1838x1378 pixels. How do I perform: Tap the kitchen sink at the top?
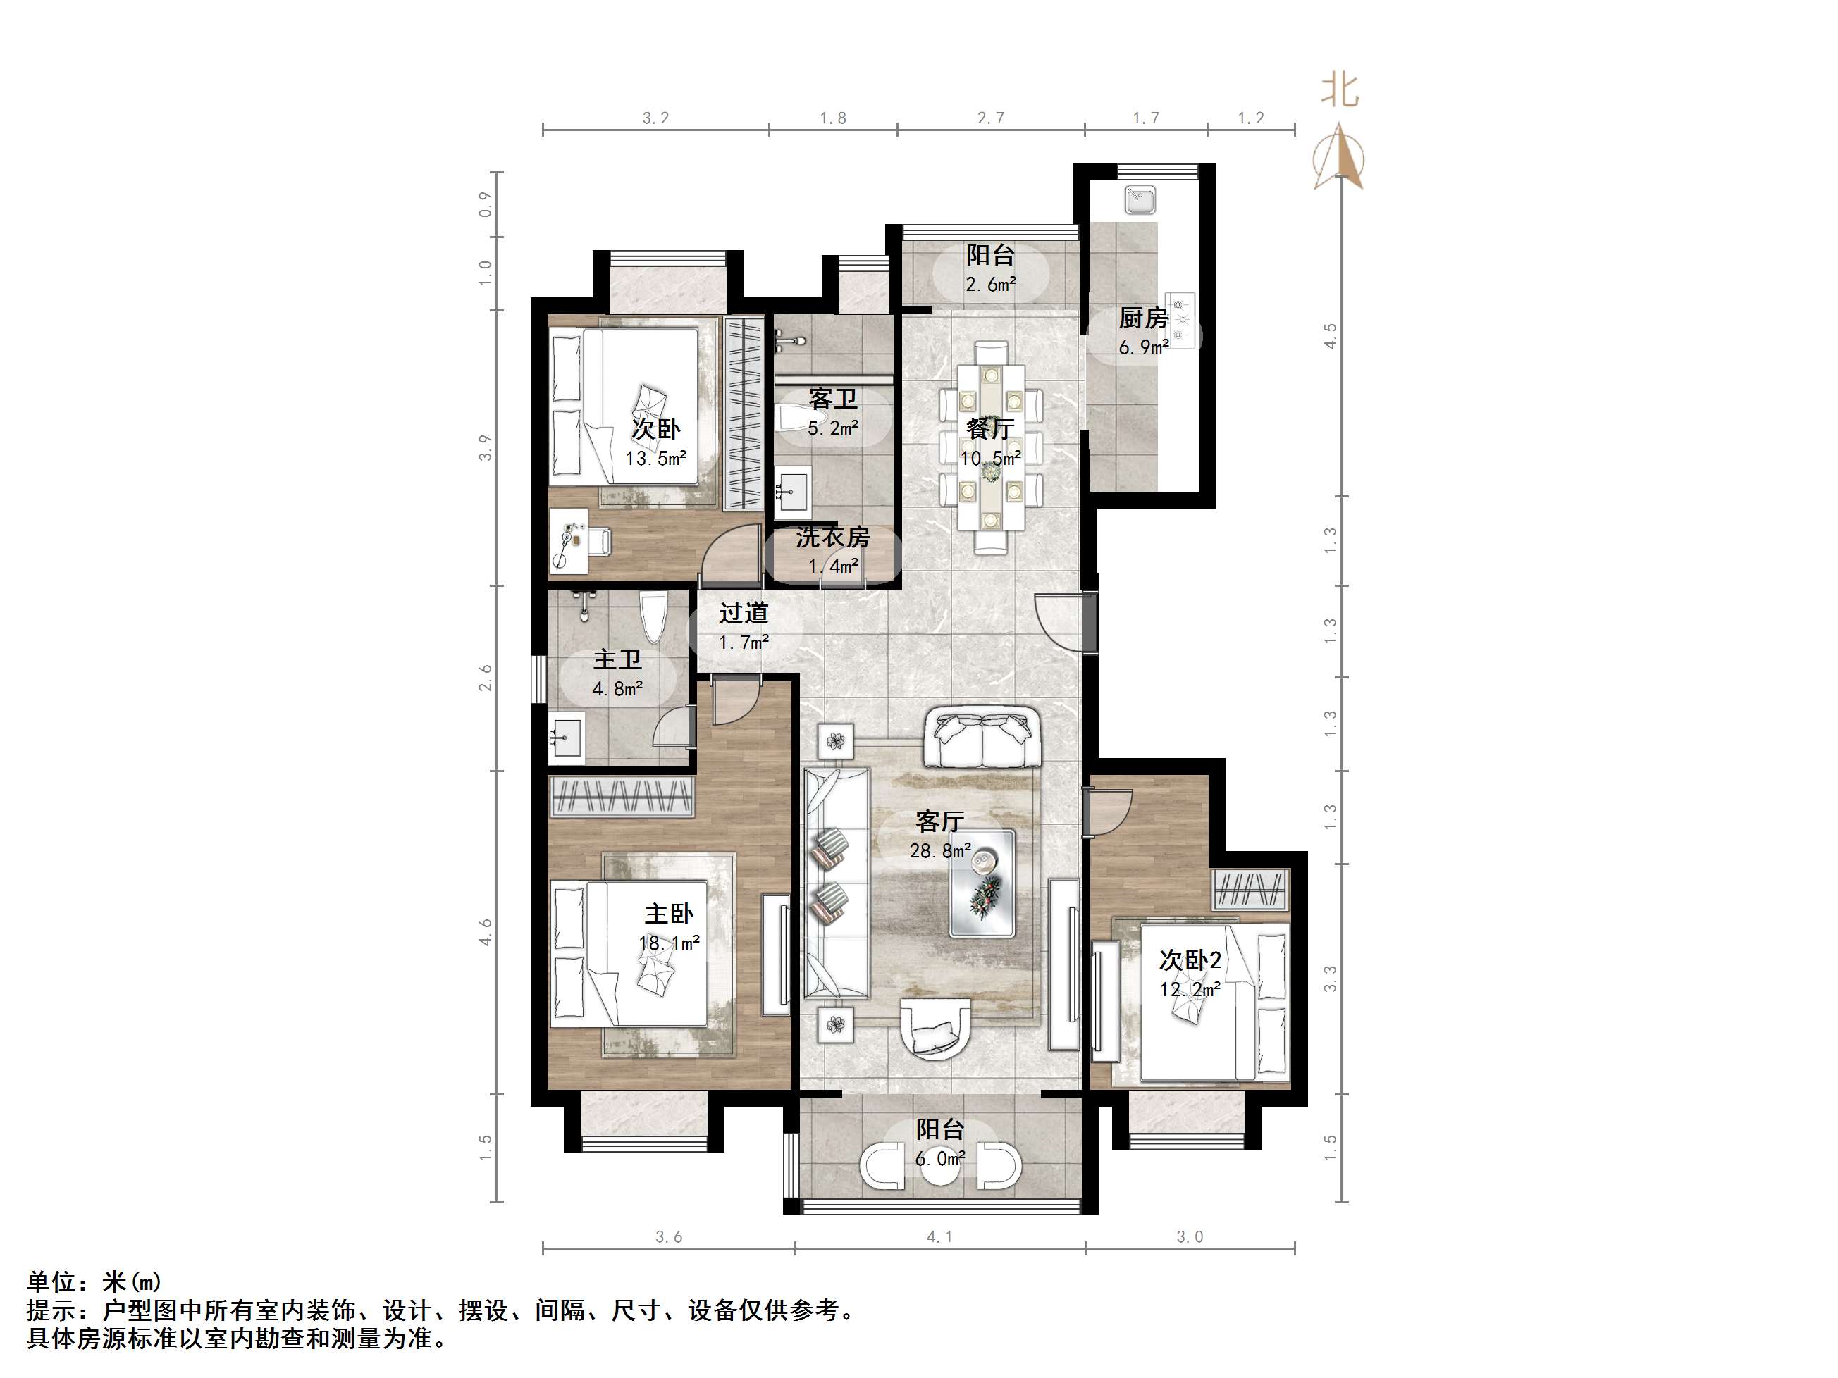pos(1140,200)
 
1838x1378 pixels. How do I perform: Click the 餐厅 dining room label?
pos(989,428)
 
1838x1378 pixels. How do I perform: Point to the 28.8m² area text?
pos(939,850)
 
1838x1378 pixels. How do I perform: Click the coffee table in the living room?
pos(983,883)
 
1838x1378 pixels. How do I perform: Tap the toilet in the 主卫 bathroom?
pos(653,616)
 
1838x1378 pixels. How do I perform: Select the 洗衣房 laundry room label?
pos(832,538)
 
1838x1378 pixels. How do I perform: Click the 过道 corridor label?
pos(743,613)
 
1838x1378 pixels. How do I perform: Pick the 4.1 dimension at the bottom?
pos(939,1237)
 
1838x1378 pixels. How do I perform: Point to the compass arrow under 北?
pos(1338,158)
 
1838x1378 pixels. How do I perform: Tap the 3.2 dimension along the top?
pos(655,118)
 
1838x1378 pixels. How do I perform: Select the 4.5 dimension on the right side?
pos(1331,335)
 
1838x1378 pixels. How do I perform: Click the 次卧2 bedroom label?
pos(1190,960)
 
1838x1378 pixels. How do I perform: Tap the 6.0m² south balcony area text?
pos(939,1159)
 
